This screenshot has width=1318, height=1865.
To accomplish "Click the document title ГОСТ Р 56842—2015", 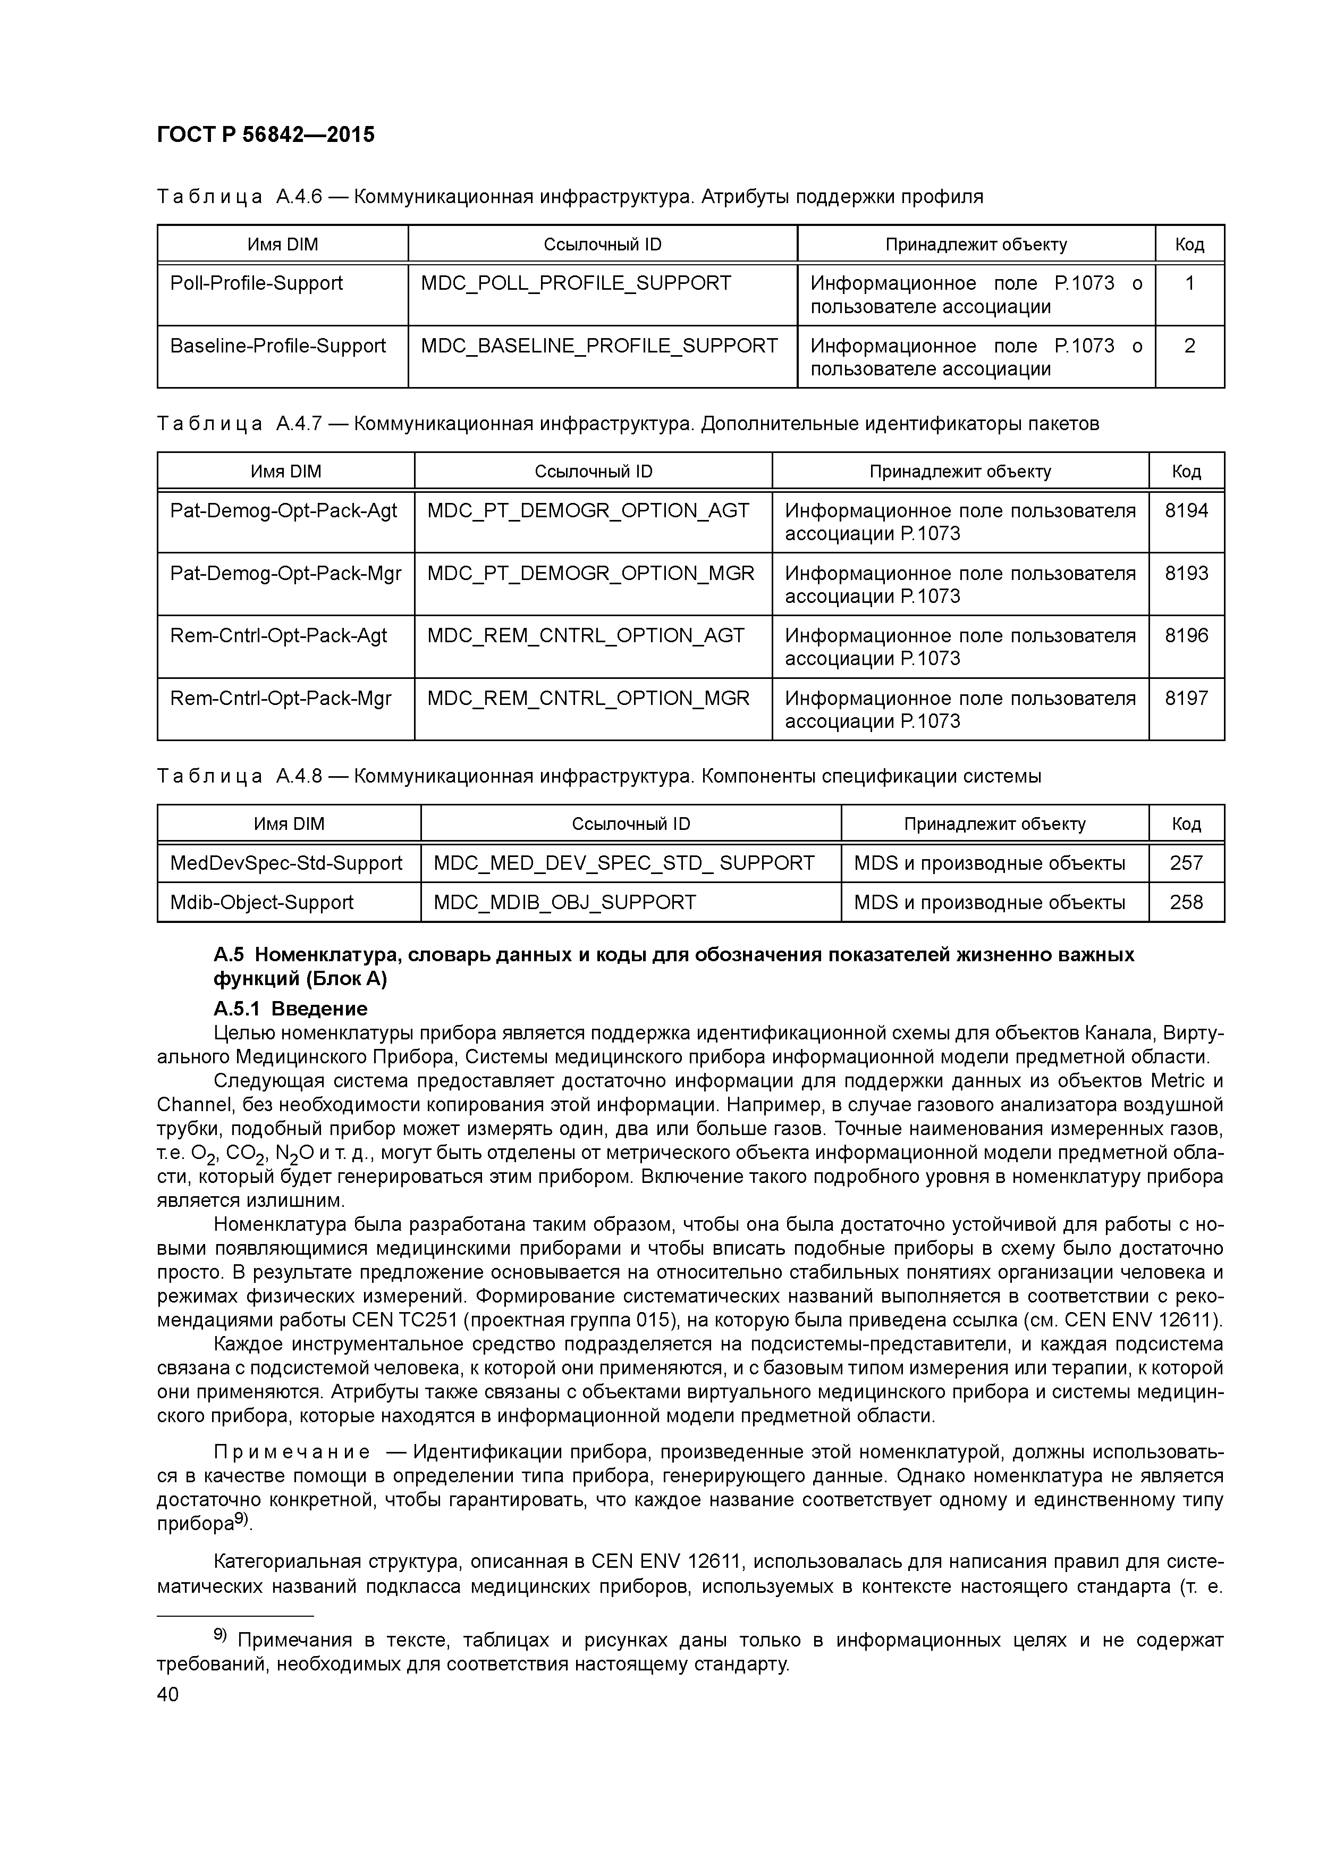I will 266,135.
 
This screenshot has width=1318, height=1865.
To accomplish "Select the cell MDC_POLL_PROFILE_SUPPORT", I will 576,283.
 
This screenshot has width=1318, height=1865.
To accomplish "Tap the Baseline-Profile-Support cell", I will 278,346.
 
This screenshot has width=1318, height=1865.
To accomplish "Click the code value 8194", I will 1186,511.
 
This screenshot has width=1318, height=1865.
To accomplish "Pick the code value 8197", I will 1186,699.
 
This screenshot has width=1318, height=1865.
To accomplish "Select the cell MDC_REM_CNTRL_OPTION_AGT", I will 586,636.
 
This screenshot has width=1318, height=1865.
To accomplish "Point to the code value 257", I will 1186,863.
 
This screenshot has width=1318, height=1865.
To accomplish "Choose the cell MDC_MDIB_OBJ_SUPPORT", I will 564,902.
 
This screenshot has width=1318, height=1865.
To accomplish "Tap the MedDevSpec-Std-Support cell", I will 286,863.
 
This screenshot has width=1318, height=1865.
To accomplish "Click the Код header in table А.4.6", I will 1189,245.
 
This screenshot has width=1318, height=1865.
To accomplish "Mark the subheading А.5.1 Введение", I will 290,1009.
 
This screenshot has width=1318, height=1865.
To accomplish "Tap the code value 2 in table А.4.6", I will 1189,346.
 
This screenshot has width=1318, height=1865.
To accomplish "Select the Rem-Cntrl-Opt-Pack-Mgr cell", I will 280,699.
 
